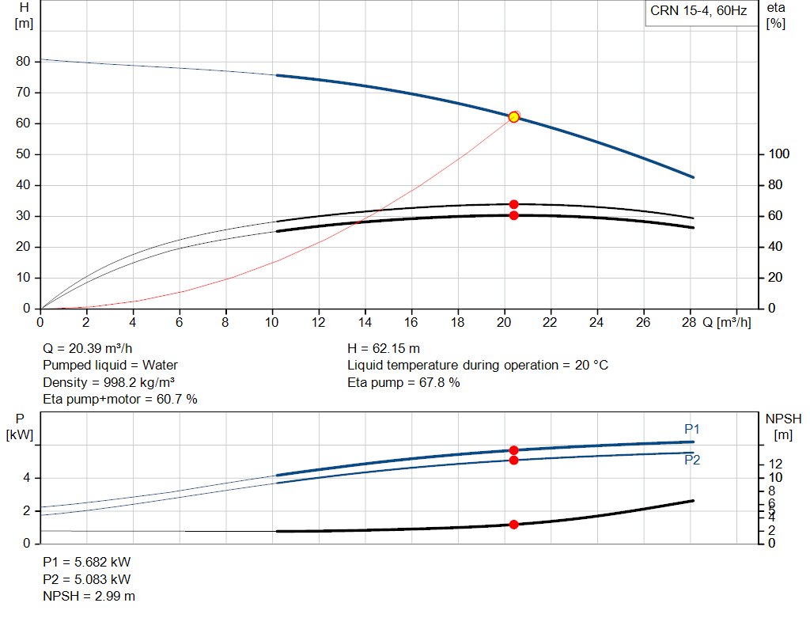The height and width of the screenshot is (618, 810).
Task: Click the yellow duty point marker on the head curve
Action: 513,117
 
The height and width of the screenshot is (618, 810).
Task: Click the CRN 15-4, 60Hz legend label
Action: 698,11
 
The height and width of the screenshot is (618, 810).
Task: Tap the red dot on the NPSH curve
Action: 513,525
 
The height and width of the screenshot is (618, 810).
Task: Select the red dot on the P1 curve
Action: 513,450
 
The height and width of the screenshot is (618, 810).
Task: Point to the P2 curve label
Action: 692,460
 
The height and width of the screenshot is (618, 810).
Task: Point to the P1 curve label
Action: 691,429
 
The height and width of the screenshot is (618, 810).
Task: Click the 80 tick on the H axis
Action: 23,62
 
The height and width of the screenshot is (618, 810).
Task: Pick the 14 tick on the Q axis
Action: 365,322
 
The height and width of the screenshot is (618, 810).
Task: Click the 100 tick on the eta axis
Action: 778,154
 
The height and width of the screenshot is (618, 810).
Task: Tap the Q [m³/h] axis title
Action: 726,322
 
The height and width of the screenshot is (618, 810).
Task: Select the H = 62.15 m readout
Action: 384,349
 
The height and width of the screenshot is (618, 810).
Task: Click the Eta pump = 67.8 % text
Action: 403,383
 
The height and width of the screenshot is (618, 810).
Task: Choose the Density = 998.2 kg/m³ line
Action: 108,383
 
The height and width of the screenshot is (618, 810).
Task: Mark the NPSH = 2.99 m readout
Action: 89,597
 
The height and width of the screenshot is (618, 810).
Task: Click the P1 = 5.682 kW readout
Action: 87,562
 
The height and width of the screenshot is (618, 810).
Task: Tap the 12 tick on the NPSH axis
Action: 775,464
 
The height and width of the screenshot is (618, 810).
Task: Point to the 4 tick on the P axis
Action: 26,478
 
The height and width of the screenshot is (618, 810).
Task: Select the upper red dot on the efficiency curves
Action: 513,205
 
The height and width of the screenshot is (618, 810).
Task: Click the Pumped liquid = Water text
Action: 110,366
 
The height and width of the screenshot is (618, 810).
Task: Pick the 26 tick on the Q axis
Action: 642,322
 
